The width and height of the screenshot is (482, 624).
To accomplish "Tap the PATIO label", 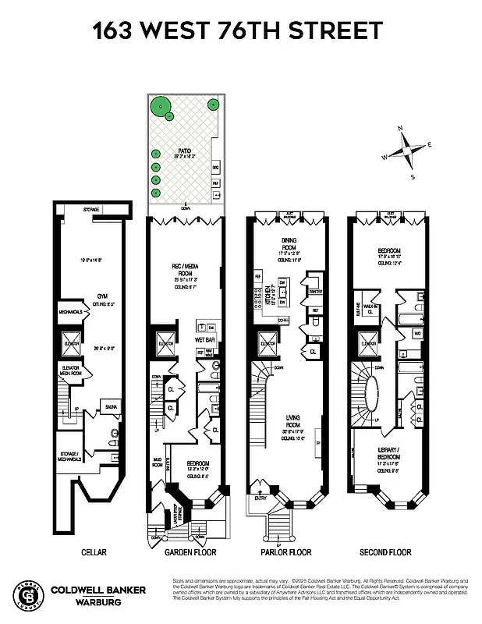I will coord(184,151).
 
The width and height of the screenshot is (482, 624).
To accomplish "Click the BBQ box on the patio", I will coord(216,167).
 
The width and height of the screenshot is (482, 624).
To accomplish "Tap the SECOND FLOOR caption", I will coord(385,552).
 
